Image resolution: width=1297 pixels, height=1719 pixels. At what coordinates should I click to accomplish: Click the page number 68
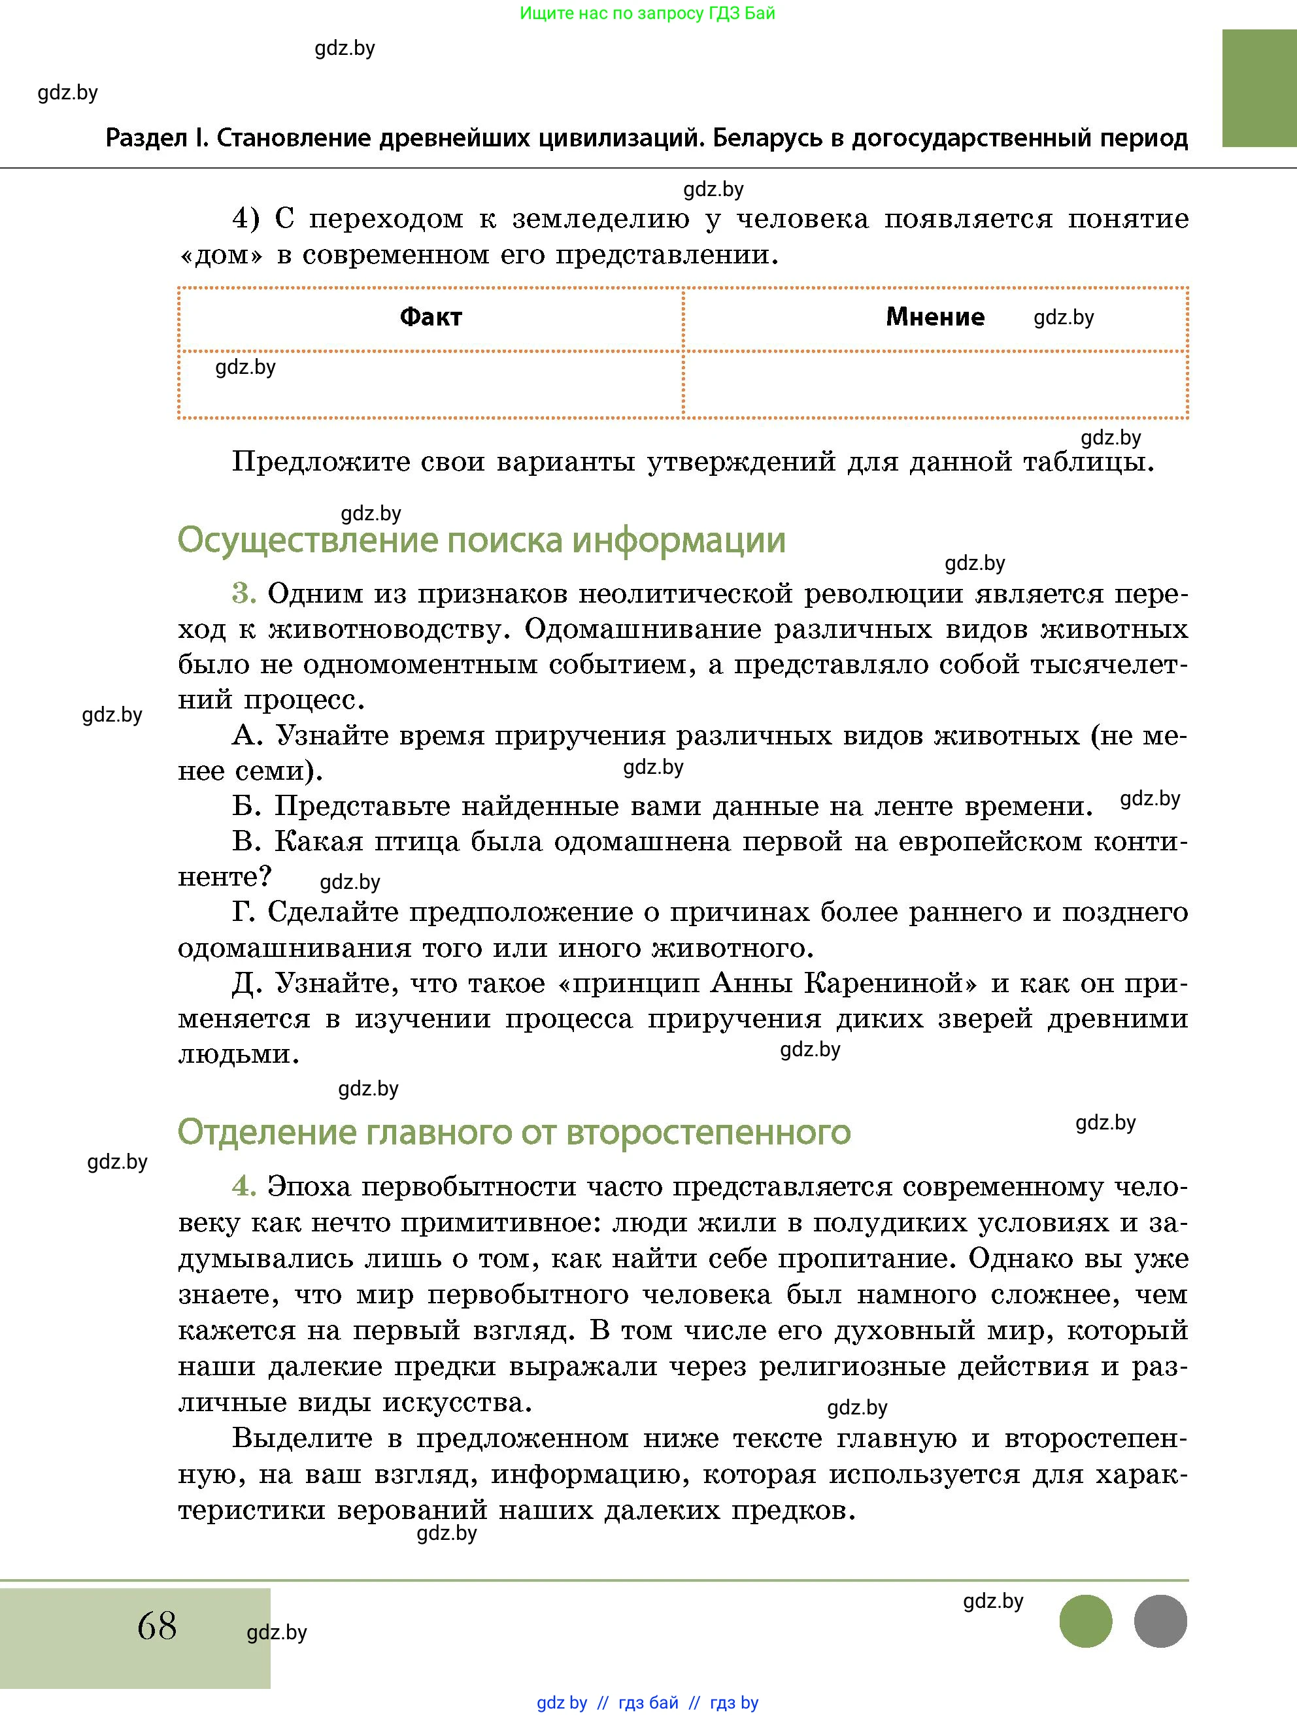pyautogui.click(x=157, y=1625)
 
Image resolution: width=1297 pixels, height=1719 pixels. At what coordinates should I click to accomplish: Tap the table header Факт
pyautogui.click(x=431, y=317)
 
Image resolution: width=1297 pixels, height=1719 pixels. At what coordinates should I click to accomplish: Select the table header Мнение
pyautogui.click(x=935, y=317)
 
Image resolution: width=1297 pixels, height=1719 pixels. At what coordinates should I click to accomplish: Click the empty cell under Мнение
pyautogui.click(x=935, y=384)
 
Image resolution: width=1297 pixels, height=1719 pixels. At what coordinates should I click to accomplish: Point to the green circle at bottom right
pyautogui.click(x=1086, y=1620)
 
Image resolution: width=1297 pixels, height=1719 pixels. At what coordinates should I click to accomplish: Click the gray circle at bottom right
pyautogui.click(x=1160, y=1620)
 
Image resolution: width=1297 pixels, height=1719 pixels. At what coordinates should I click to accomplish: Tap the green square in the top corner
pyautogui.click(x=1258, y=88)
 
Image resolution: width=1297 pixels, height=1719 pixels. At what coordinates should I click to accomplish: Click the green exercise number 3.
pyautogui.click(x=244, y=593)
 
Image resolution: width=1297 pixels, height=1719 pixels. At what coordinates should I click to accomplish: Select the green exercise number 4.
pyautogui.click(x=244, y=1187)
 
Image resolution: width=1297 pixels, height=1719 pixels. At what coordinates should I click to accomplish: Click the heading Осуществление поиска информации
pyautogui.click(x=481, y=540)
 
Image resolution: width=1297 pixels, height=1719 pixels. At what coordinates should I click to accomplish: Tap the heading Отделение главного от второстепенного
pyautogui.click(x=514, y=1132)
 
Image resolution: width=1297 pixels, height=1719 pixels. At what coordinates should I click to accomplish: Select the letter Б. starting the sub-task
pyautogui.click(x=246, y=806)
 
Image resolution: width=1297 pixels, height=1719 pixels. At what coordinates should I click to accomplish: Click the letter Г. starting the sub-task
pyautogui.click(x=244, y=912)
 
